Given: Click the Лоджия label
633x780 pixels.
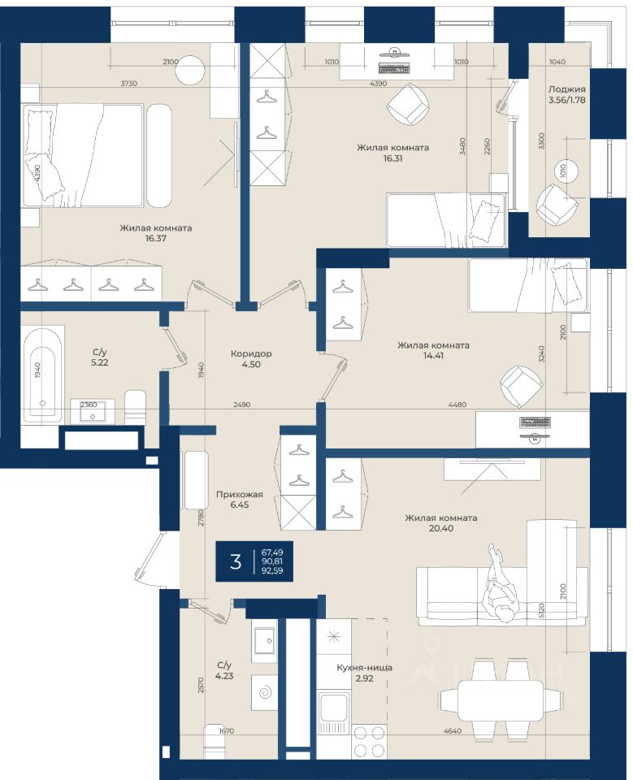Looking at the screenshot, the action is (567, 89).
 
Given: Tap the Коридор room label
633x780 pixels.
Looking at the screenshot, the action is (251, 353).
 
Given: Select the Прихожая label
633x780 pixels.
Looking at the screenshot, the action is (240, 495).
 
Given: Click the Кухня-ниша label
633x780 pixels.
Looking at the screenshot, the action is (364, 668).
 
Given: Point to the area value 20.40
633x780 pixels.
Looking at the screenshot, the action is (441, 528).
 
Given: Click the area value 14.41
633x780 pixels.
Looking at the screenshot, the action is (433, 356).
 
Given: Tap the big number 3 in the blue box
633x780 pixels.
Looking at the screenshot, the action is (236, 561).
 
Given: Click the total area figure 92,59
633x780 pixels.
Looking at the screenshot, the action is (272, 570).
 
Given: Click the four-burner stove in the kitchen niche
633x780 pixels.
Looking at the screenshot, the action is (369, 741).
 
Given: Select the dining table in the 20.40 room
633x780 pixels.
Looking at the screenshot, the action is (501, 700).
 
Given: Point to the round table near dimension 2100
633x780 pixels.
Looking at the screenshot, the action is (190, 71).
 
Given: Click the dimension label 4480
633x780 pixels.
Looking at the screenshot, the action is (457, 405).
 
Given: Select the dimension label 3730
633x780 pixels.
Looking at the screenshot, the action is (129, 84).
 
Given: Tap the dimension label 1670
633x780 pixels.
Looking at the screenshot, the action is (227, 730).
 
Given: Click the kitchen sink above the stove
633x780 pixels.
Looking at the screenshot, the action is (333, 712).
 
